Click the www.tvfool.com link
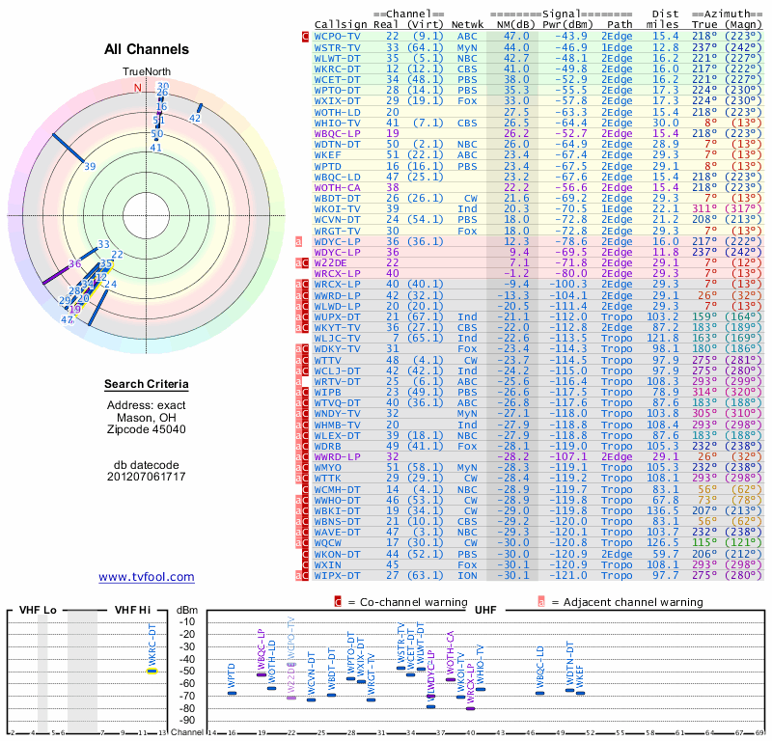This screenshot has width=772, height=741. coord(146,577)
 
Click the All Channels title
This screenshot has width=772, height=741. coord(147,49)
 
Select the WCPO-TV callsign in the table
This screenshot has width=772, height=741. coord(338,35)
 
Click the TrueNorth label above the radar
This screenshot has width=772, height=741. coord(147,72)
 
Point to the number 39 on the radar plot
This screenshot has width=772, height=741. coord(90,166)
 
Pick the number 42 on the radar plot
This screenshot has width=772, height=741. coord(195,118)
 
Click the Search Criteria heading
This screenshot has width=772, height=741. coord(147,385)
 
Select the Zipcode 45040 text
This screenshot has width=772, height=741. coord(147,429)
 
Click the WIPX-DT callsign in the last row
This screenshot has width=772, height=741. coord(338,575)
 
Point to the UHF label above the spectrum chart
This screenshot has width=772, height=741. coord(485,610)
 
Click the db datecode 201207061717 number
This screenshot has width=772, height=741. coord(147,477)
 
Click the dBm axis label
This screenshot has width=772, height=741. coord(186,610)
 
